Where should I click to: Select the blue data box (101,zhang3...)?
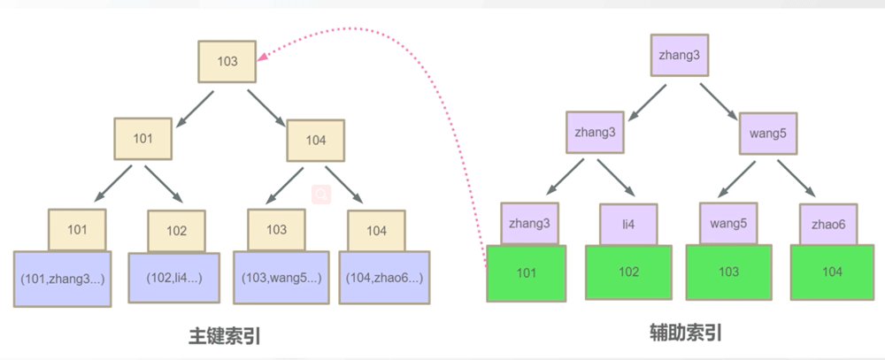62,278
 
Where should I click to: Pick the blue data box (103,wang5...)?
281,278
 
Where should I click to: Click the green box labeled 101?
527,272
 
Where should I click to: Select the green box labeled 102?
628,272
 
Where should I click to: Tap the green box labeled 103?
728,272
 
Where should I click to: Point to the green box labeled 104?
831,272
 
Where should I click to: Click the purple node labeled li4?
628,225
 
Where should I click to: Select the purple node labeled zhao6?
829,225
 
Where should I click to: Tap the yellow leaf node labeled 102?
176,232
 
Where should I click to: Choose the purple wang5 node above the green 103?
728,223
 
